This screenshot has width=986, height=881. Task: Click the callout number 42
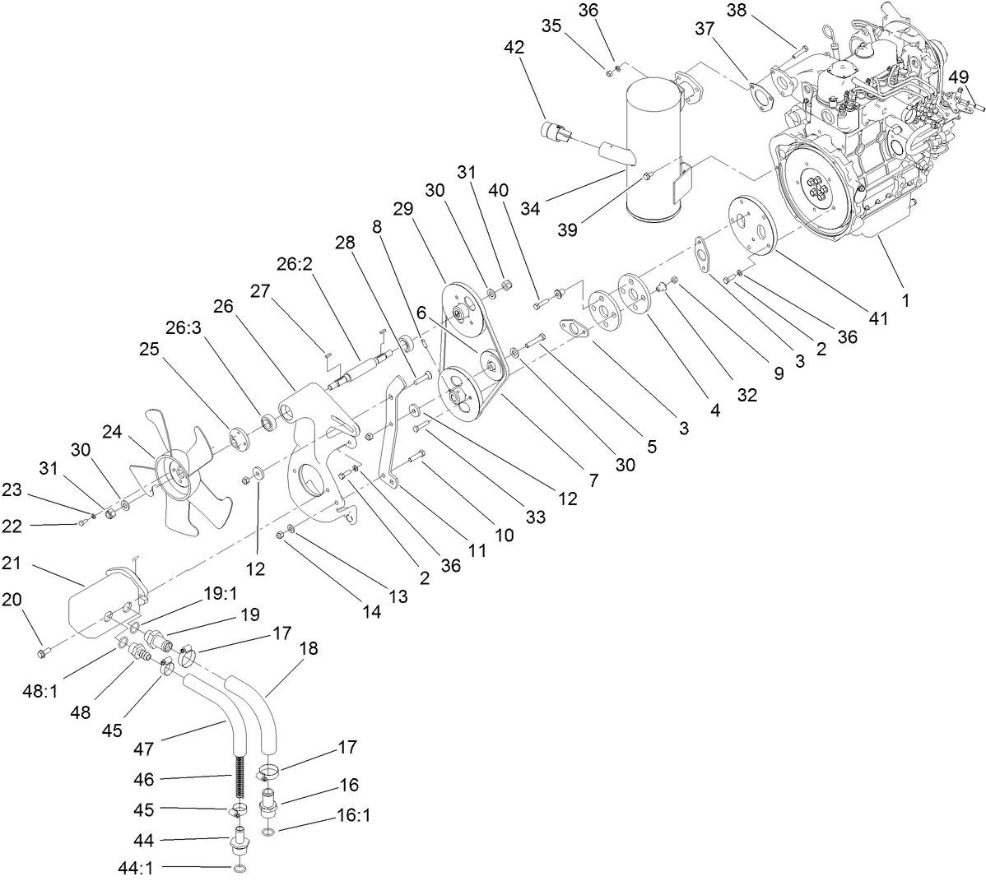pos(514,48)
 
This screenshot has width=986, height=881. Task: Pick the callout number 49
pos(957,77)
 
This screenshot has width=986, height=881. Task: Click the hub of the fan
pos(174,472)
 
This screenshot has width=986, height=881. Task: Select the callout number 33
pos(536,518)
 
